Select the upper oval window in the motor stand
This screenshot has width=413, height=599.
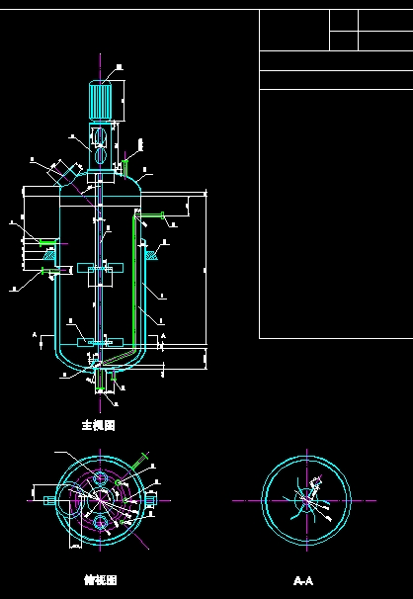point(102,135)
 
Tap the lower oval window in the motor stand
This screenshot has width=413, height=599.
point(102,156)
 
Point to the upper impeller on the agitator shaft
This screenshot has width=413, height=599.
point(100,267)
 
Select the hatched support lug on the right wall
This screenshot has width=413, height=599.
point(150,255)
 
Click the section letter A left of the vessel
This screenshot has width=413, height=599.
point(36,336)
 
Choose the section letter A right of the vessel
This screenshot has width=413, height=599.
point(163,336)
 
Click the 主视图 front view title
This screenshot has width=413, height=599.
point(99,425)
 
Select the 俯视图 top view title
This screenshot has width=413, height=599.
point(101,580)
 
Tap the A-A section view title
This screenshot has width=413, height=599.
point(303,580)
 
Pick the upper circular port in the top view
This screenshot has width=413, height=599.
point(101,479)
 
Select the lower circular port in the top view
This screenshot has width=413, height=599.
point(101,522)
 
